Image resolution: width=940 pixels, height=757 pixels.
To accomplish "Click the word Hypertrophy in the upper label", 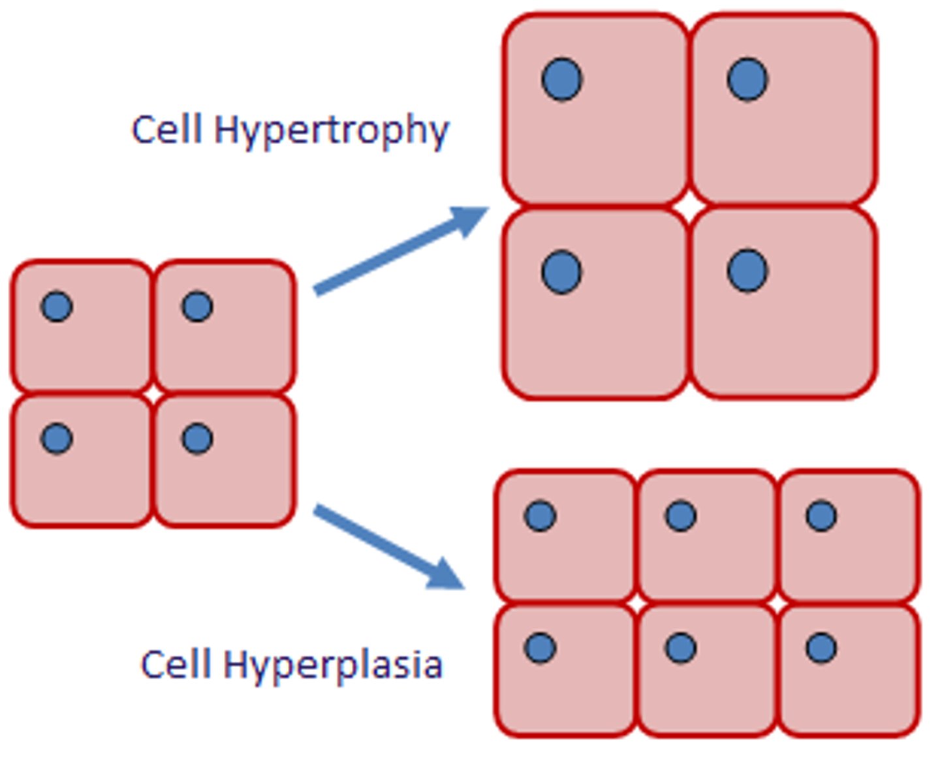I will pos(332,131).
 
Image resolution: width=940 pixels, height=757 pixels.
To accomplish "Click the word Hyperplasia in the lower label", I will pos(333,666).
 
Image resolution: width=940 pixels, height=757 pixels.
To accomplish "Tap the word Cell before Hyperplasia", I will pos(176,664).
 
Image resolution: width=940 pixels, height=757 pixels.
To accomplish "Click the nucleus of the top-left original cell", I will pos(57,306).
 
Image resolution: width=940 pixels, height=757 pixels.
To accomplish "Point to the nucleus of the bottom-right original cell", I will pos(197,438).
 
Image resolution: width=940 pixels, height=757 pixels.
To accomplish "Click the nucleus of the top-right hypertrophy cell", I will pos(747,79).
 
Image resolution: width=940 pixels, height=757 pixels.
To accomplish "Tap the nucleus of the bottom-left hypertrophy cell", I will pos(561,271).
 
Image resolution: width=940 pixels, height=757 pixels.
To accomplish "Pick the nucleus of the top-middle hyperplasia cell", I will pos(681,516).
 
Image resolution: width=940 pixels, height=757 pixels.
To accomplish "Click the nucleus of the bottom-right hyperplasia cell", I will pos(821,648).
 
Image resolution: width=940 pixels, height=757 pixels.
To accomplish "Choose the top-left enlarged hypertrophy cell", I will pos(595,131).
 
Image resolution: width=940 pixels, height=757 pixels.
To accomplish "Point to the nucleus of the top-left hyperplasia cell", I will pos(540,516).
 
